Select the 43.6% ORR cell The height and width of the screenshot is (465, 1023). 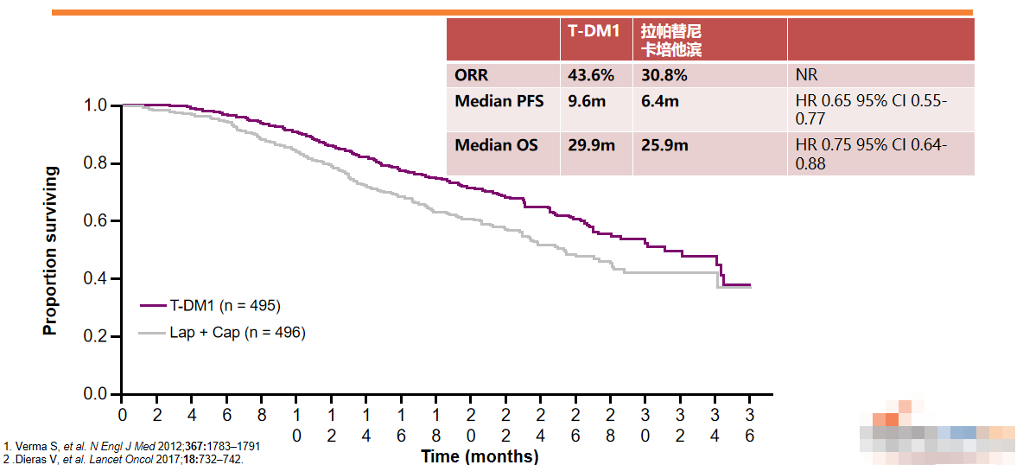[590, 75]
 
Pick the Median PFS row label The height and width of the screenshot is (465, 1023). [499, 102]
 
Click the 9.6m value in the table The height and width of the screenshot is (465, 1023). [585, 102]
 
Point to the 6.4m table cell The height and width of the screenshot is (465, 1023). [659, 102]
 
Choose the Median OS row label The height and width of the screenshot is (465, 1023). [496, 145]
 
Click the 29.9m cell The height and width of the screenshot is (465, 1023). [590, 145]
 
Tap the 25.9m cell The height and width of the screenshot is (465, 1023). [664, 145]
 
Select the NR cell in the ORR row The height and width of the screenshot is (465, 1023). [806, 75]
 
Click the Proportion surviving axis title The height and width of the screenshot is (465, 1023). [51, 251]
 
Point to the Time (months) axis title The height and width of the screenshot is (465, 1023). [480, 455]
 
